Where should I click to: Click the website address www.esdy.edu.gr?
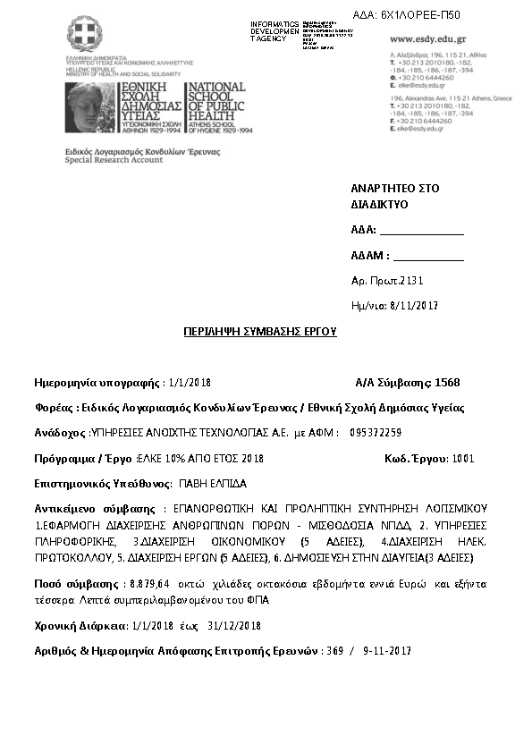(428, 39)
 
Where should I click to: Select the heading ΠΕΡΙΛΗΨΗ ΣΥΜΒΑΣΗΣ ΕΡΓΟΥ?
(259, 331)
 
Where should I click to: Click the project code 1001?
(463, 459)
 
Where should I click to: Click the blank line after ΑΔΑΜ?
(428, 256)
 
